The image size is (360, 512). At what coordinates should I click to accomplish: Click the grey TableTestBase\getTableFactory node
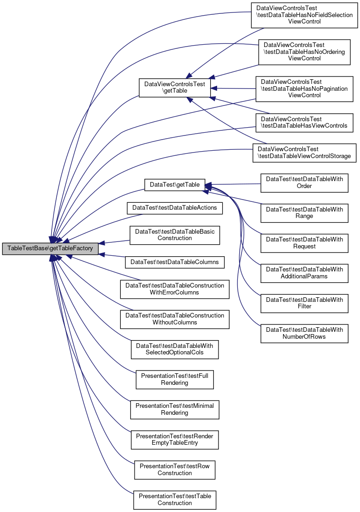coord(50,248)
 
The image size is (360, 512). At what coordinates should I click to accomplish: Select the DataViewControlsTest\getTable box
coord(175,88)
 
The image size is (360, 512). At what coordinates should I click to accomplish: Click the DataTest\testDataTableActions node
coord(175,208)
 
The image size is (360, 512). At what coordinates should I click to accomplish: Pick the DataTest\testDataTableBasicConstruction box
coord(175,235)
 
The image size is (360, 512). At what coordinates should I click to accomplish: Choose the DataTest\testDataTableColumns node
coord(175,262)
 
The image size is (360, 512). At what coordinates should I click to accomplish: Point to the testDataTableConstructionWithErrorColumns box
coord(175,289)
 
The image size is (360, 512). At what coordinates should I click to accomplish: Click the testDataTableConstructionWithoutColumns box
coord(175,319)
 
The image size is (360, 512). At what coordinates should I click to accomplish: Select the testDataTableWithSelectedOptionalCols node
coord(175,349)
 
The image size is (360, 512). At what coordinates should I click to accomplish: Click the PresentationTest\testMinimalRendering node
coord(175,409)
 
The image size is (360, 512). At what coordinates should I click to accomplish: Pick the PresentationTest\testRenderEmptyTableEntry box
coord(175,439)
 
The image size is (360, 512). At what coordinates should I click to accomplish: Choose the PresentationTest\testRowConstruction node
coord(175,469)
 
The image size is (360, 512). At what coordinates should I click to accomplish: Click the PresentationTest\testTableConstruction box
coord(175,499)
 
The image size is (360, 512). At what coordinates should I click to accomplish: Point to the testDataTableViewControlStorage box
coord(304,153)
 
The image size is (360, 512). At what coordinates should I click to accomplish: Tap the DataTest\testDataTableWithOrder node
coord(304,182)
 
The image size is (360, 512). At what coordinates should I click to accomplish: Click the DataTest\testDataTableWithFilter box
coord(304,303)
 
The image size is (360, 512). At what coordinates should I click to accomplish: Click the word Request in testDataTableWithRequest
coord(304,247)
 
